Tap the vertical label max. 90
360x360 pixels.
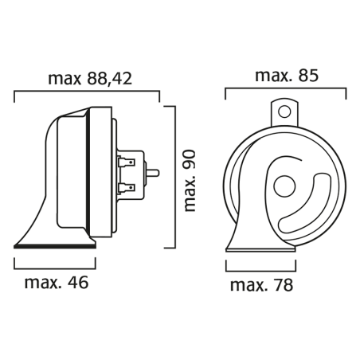190,178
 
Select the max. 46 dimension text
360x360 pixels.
56,283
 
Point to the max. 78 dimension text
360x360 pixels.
260,284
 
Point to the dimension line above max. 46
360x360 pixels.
55,260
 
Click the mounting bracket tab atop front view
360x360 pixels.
284,110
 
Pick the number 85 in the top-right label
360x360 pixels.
309,76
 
